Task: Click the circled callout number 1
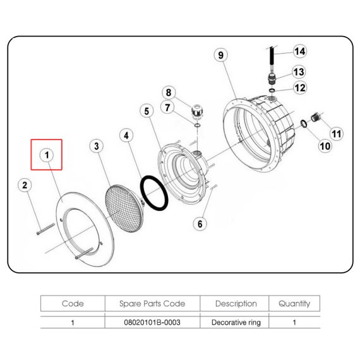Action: [47, 155]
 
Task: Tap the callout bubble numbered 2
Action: [25, 185]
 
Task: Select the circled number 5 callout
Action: [147, 111]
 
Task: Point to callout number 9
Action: [220, 55]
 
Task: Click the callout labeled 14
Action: [300, 51]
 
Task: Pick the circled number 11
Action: [337, 134]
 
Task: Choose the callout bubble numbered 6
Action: [200, 224]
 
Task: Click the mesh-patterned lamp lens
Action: [124, 208]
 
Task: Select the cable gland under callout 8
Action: [197, 111]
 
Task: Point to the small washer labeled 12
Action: [272, 90]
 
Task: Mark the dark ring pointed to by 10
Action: [304, 124]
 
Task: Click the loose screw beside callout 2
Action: [45, 229]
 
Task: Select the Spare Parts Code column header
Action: [152, 304]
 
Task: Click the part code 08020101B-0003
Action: [152, 322]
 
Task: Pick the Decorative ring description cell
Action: [236, 322]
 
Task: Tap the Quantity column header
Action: [294, 304]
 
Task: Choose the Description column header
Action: [236, 304]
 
